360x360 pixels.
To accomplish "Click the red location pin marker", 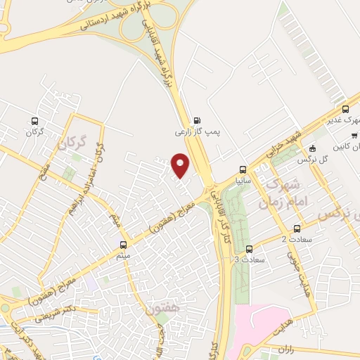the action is tap(181, 165).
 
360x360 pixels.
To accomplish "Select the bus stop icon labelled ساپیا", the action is tap(243, 169).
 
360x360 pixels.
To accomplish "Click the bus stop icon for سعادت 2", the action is tap(297, 229).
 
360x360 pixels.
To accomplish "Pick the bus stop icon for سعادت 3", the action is tap(249, 249).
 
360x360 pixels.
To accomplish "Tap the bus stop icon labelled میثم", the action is tap(124, 245).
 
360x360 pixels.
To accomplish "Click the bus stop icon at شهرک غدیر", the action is tap(345, 109).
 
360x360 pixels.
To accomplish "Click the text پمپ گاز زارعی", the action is tap(194, 131).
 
